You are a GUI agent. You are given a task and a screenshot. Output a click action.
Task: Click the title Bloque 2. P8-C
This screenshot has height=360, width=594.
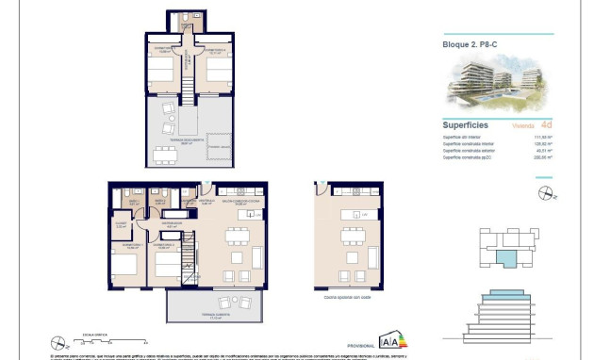(x=470, y=44)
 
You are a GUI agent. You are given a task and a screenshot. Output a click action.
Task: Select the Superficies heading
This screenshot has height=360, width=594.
(x=465, y=123)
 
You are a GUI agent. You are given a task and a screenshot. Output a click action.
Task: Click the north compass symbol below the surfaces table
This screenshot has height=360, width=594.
(x=544, y=193)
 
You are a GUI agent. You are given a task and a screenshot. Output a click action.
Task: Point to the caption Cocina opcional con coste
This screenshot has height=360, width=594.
(x=347, y=296)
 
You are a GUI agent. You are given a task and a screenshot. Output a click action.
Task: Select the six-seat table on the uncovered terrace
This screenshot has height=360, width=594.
(x=166, y=155)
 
